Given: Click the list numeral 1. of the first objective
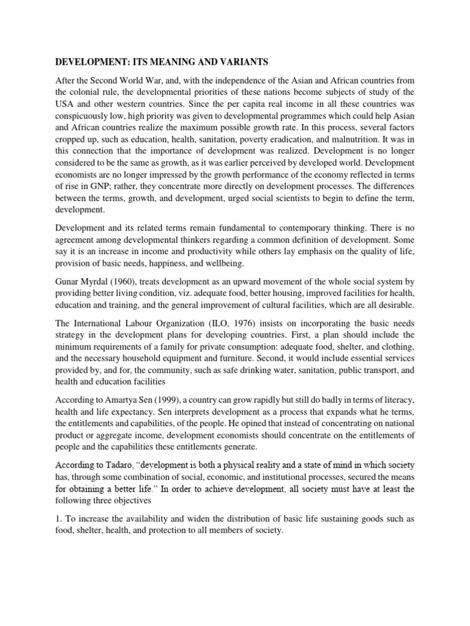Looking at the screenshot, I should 59,519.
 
